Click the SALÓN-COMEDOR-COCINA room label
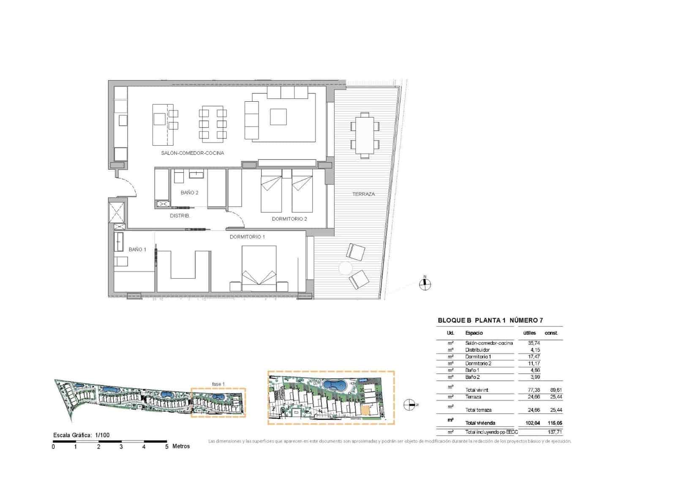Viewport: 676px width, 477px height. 192,153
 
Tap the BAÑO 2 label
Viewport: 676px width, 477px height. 189,192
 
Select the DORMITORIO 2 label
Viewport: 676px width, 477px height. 289,219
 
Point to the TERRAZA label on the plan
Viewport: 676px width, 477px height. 363,194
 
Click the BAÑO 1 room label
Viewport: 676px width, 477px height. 137,249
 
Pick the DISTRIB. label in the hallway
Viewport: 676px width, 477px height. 180,216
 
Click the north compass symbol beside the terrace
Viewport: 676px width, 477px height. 425,284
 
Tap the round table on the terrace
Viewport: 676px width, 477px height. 345,268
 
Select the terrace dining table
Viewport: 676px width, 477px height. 364,135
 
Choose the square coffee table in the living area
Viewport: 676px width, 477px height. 278,117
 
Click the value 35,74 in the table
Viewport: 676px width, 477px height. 534,343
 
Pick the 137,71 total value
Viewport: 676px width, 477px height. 555,432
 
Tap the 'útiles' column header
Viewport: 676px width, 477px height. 529,333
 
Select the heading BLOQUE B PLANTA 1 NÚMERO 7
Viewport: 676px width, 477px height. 490,320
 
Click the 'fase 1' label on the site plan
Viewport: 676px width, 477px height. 218,384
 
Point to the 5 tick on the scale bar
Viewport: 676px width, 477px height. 166,446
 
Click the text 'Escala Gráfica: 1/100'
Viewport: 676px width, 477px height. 81,435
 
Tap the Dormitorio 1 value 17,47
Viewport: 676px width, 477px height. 534,357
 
